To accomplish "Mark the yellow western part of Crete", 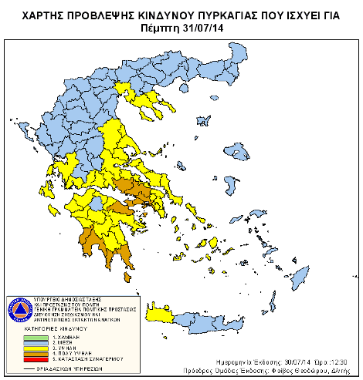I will point(158,314).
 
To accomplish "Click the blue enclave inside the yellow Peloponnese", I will point(94,204).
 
